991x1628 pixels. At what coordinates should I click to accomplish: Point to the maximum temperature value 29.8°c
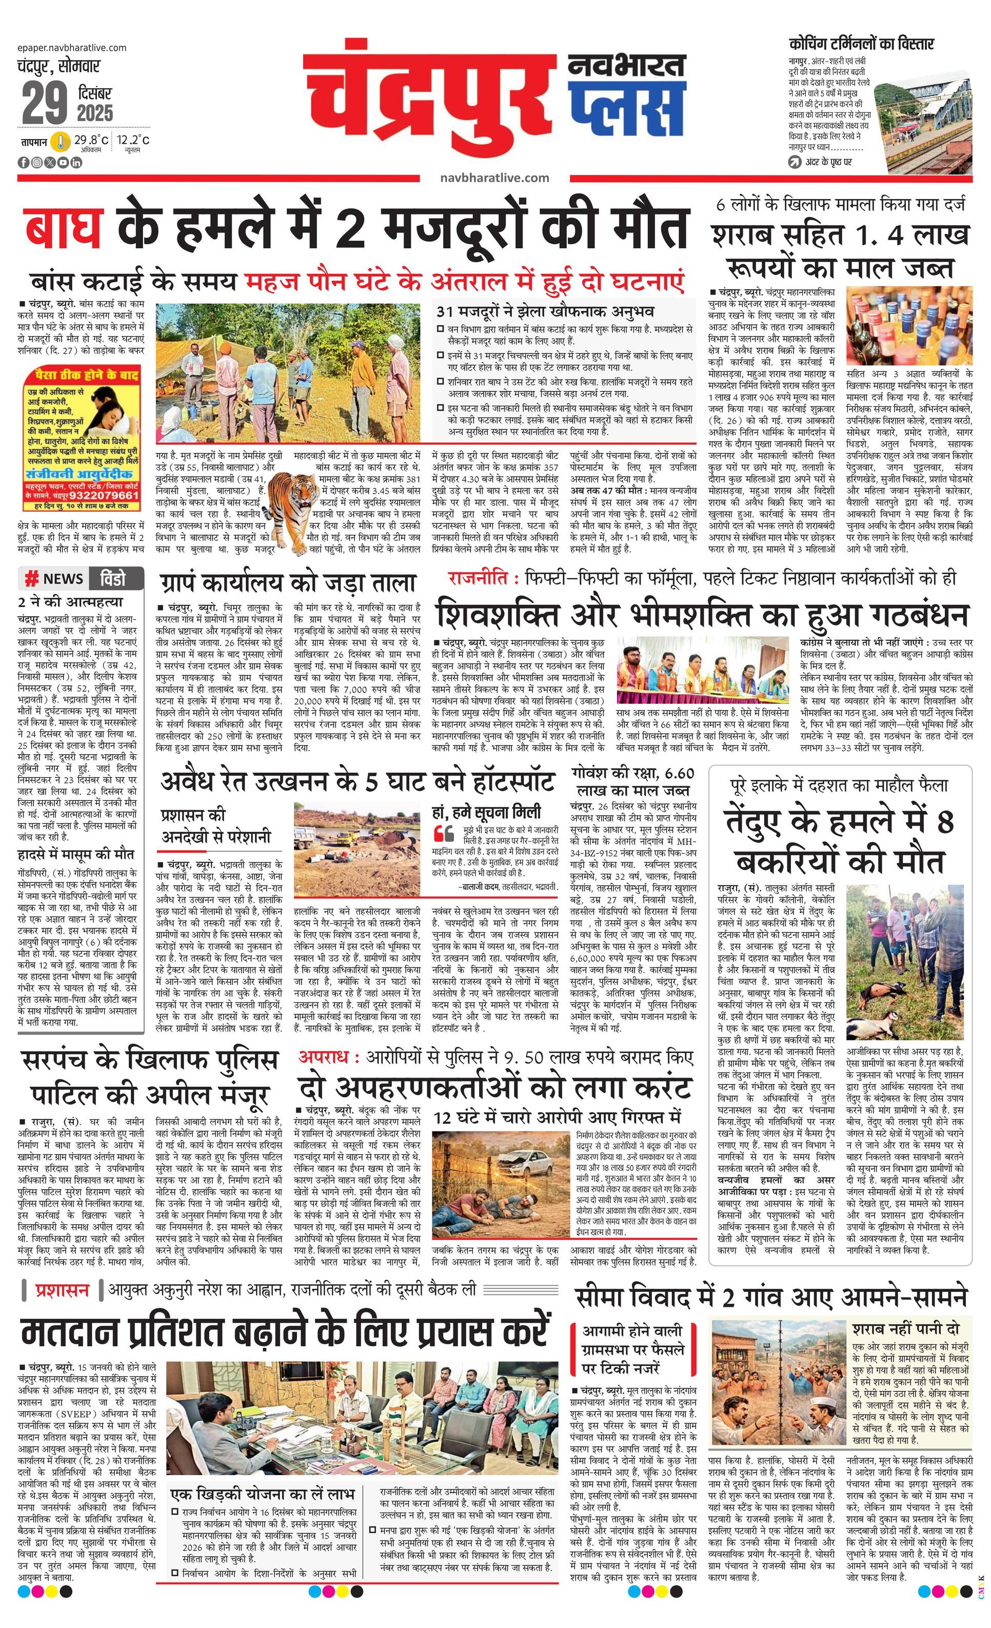91,140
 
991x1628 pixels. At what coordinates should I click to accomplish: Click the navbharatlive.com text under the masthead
494,177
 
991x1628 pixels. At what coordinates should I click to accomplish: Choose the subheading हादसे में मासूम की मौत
76,854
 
